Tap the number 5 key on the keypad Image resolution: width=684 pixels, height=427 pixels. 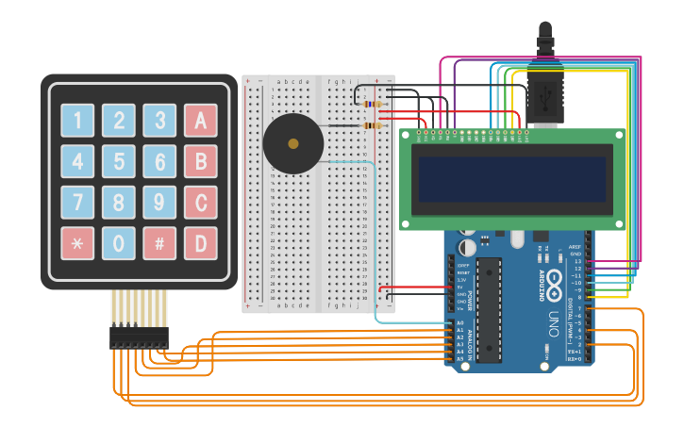(119, 161)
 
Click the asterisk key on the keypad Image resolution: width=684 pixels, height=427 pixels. (77, 243)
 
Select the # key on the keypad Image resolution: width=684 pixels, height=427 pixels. (159, 243)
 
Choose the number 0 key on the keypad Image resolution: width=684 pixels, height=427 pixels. (119, 243)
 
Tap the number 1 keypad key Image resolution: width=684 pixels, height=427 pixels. (77, 120)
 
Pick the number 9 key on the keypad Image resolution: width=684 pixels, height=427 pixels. (159, 202)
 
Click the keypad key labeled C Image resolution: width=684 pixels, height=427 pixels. (200, 202)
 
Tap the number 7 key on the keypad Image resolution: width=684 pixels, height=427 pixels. (77, 202)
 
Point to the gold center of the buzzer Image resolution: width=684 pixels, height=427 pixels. (293, 144)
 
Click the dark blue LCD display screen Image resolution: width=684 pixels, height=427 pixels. (512, 179)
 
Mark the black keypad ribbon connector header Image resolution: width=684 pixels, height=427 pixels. (138, 337)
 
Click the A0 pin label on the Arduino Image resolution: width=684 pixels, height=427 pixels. (460, 323)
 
